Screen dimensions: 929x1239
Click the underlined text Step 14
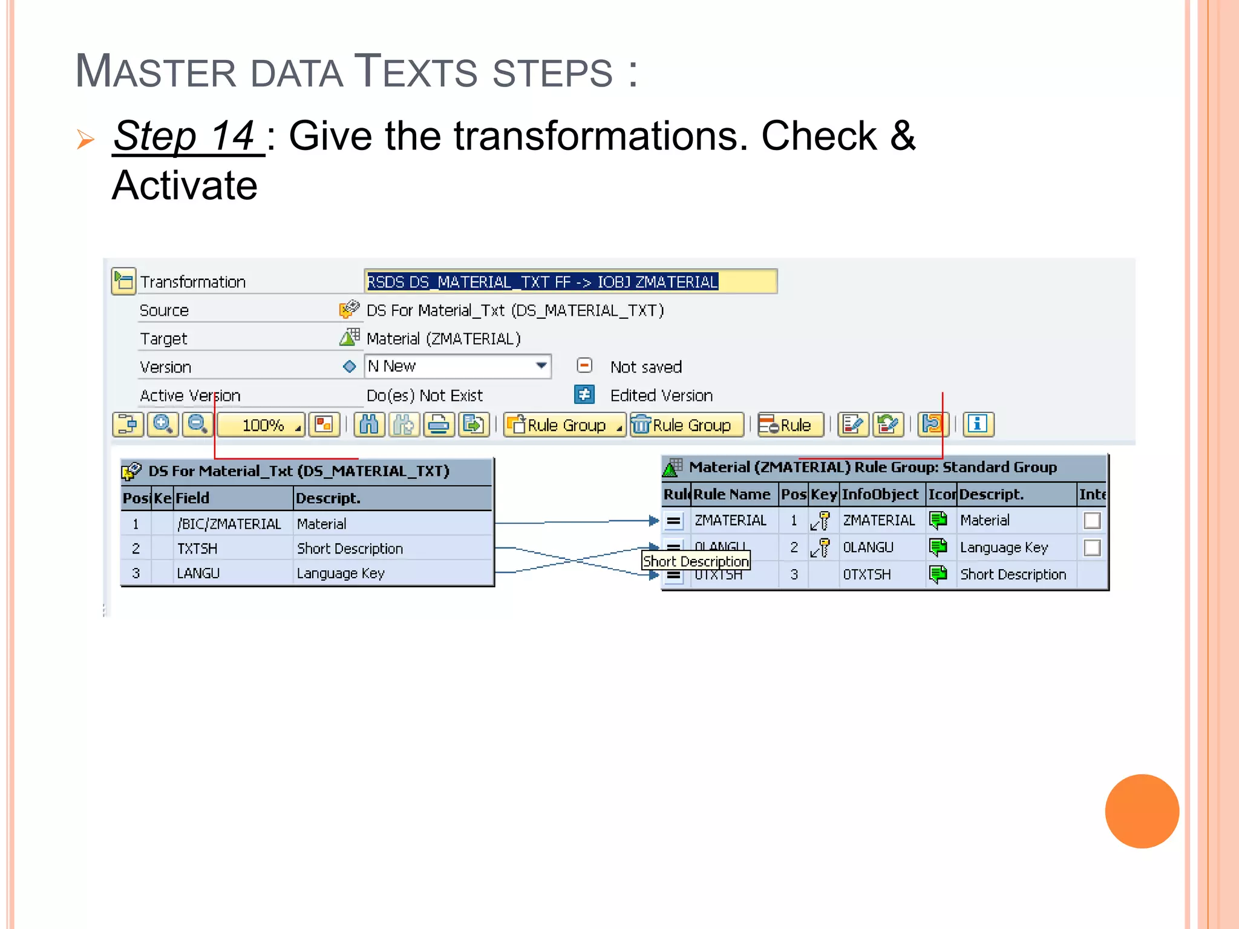pyautogui.click(x=188, y=136)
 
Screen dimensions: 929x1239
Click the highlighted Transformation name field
pyautogui.click(x=570, y=282)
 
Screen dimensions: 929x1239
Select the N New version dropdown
pyautogui.click(x=457, y=367)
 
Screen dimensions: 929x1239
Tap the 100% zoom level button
pyautogui.click(x=263, y=425)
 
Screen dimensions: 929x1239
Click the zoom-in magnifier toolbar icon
pyautogui.click(x=163, y=425)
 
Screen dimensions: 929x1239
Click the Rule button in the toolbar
pyautogui.click(x=790, y=425)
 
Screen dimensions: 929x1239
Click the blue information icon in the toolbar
pyautogui.click(x=977, y=425)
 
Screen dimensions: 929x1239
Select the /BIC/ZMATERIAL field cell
pyautogui.click(x=229, y=524)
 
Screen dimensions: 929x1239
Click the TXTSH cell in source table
pyautogui.click(x=197, y=549)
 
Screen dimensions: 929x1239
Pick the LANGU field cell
pyautogui.click(x=198, y=573)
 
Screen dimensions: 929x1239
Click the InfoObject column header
pyautogui.click(x=880, y=495)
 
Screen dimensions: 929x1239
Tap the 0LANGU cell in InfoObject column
pyautogui.click(x=868, y=547)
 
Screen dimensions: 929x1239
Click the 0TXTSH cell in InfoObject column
pyautogui.click(x=867, y=575)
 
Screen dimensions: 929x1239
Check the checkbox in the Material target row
pyautogui.click(x=1092, y=520)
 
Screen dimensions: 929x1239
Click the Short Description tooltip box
pyautogui.click(x=696, y=561)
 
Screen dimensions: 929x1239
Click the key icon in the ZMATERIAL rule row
pyautogui.click(x=820, y=521)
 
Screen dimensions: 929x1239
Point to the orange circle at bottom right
pyautogui.click(x=1142, y=811)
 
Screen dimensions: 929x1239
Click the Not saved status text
pyautogui.click(x=646, y=367)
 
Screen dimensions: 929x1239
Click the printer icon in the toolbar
pyautogui.click(x=439, y=425)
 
